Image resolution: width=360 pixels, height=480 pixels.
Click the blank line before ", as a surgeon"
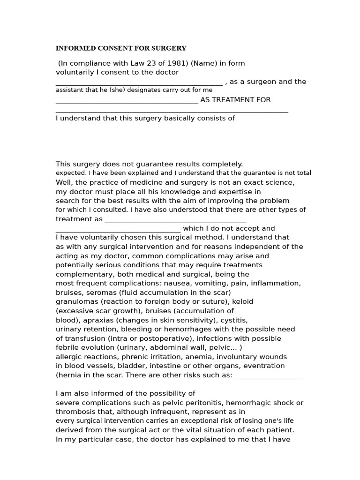(x=139, y=83)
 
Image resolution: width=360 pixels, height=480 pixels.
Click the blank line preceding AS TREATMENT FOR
(x=127, y=102)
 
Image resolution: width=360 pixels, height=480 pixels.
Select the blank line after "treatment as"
(x=175, y=221)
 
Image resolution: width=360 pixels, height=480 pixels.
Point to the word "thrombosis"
(x=75, y=412)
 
